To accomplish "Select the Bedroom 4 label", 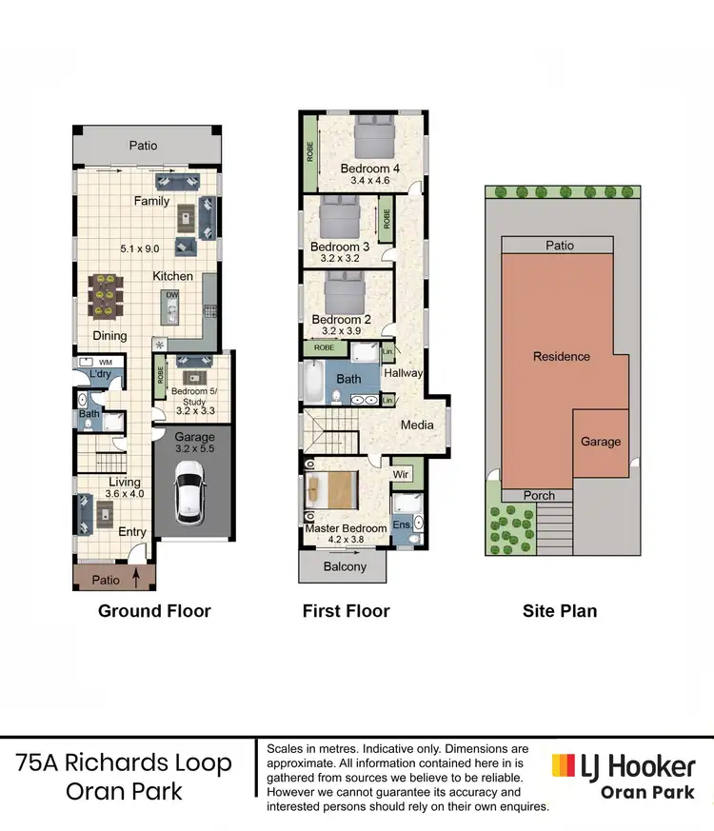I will (x=369, y=168).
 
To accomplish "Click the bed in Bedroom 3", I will (x=338, y=221).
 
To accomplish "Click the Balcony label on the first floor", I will (x=345, y=566).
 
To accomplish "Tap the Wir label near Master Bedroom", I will (x=402, y=473).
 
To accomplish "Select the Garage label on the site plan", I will (x=601, y=441).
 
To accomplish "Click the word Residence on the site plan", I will (x=561, y=356).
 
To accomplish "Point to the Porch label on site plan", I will (x=541, y=496).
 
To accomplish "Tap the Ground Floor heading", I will (x=154, y=611).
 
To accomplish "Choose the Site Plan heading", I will (x=560, y=611).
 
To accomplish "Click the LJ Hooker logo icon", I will (x=564, y=764).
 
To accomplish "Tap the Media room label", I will (x=417, y=425).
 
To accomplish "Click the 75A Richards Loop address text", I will (x=124, y=762).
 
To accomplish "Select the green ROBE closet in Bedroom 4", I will (x=309, y=152).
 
